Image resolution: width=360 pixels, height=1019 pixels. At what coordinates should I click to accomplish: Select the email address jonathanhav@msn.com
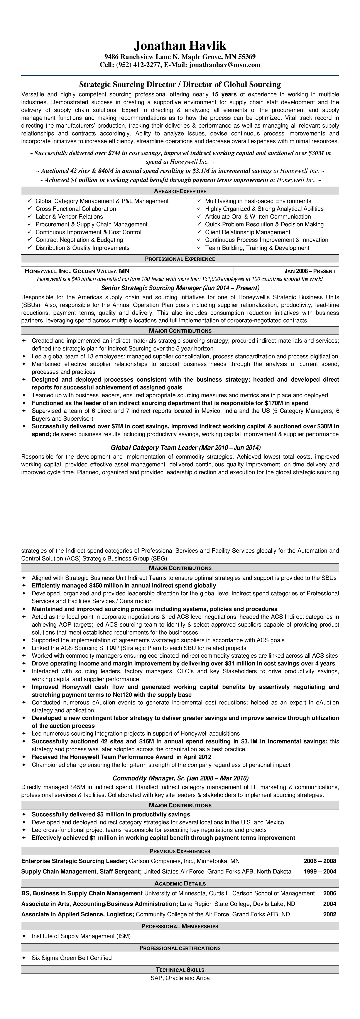click(225, 65)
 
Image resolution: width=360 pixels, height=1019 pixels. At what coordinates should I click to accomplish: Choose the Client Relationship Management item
click(247, 232)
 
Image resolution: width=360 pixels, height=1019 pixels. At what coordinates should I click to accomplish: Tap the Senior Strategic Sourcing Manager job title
click(180, 288)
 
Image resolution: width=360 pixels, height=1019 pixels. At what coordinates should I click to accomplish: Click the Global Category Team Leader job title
click(180, 448)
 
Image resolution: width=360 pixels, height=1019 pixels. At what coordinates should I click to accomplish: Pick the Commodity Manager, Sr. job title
click(180, 778)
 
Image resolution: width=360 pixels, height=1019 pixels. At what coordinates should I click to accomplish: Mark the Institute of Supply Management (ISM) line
click(81, 936)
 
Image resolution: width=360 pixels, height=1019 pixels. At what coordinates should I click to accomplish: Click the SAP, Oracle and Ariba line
click(180, 978)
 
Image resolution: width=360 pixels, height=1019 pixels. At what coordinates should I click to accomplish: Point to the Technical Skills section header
click(180, 970)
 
